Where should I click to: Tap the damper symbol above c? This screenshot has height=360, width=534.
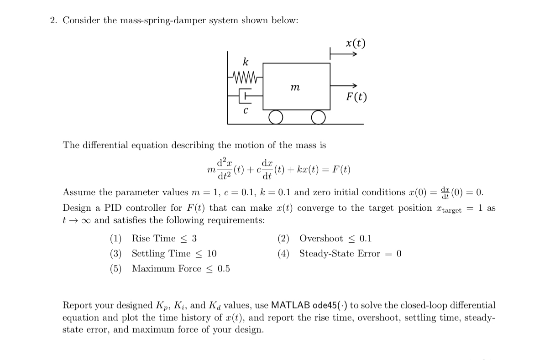246,96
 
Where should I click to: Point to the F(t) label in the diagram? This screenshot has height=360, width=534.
356,97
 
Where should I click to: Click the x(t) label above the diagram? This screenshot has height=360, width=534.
356,43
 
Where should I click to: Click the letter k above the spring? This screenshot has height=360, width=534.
246,62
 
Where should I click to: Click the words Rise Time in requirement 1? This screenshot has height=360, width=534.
153,238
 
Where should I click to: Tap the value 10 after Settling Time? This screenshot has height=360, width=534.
212,253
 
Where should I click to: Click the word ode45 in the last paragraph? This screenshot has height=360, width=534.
325,305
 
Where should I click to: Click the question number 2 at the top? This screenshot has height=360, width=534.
53,21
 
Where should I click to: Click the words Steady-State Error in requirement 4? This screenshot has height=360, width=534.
340,253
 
